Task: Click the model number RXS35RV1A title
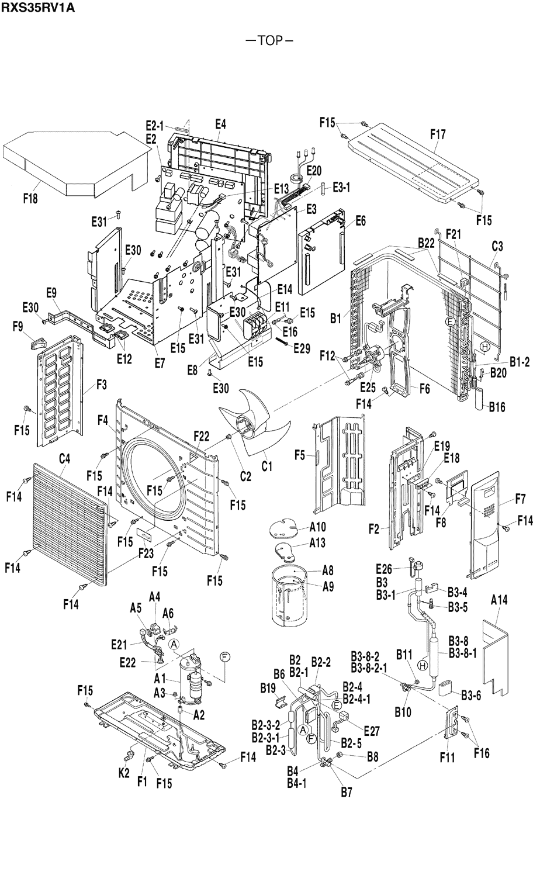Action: click(38, 8)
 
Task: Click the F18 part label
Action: click(30, 199)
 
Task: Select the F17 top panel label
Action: click(438, 134)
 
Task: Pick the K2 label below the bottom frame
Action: click(124, 773)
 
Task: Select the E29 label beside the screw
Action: click(302, 349)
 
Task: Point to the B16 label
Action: click(497, 406)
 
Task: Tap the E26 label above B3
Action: click(383, 569)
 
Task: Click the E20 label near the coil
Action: click(313, 171)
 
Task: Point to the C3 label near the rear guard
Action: click(497, 247)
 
